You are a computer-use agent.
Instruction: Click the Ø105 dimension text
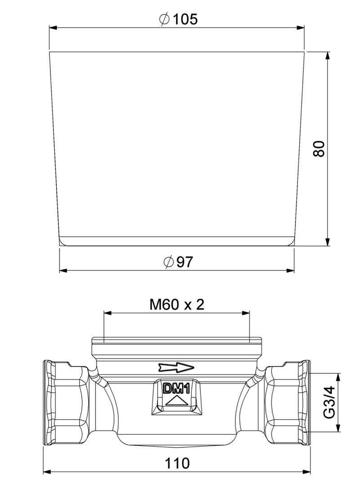coord(178,19)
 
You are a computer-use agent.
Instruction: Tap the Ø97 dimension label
coord(178,262)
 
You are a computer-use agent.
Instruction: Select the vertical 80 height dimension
coord(319,149)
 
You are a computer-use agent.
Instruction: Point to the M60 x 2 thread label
coord(177,304)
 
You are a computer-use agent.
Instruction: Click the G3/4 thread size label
coord(330,402)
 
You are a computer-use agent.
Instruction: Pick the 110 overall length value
coord(177,463)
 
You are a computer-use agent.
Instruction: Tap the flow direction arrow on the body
coord(176,367)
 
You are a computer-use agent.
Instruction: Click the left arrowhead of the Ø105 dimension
coord(53,27)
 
